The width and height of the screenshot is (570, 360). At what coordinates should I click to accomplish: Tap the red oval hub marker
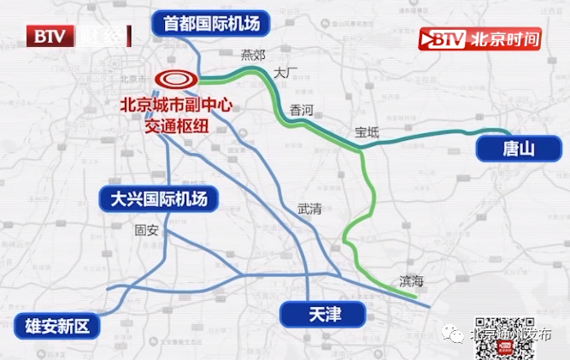point(176,80)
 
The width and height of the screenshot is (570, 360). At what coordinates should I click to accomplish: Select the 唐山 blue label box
point(518,150)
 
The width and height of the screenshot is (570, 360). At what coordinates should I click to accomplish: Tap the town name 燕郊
point(254,54)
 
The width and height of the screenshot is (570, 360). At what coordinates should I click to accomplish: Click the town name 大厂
point(284,74)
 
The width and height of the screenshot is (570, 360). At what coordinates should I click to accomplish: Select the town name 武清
point(309,208)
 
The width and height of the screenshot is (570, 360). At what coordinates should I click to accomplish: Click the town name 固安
point(147,229)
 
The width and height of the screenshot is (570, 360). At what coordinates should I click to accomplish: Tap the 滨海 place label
point(411,280)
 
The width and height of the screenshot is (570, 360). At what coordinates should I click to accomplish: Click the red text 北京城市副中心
point(178,107)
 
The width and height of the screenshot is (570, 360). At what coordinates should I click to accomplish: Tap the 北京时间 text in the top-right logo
point(508,39)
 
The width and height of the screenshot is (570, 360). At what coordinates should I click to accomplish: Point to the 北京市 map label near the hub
point(133,78)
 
